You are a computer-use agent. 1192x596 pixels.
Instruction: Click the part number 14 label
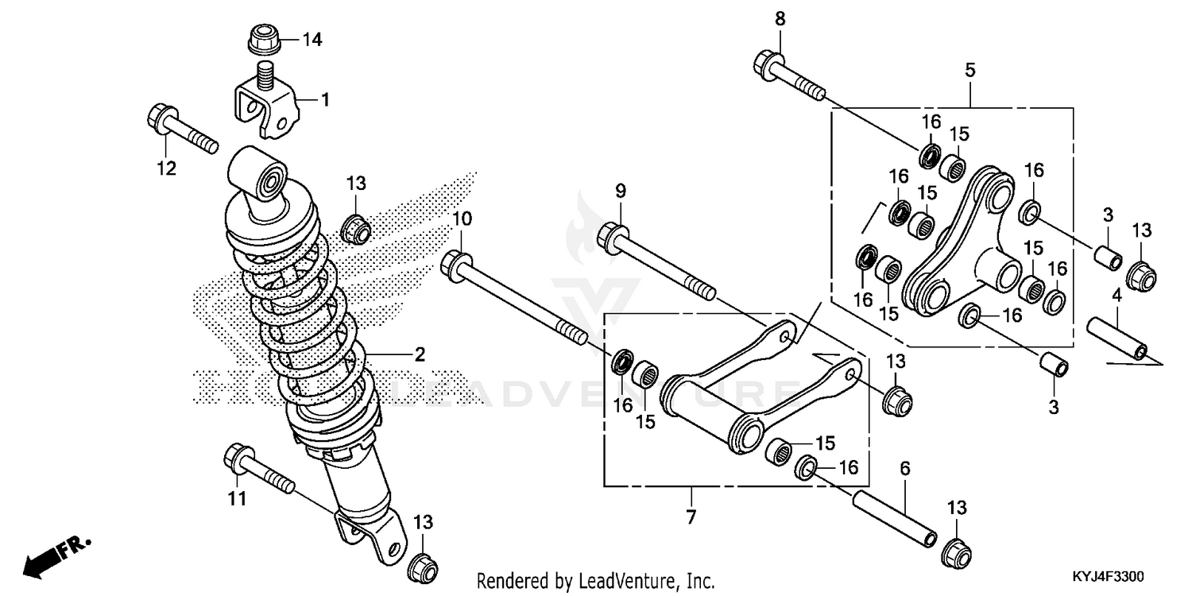(312, 39)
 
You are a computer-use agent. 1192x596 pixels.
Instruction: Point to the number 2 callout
(419, 354)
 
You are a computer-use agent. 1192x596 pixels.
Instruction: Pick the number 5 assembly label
(970, 70)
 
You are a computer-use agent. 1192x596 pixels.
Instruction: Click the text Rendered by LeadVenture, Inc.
(595, 580)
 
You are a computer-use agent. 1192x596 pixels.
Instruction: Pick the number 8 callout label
(780, 19)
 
